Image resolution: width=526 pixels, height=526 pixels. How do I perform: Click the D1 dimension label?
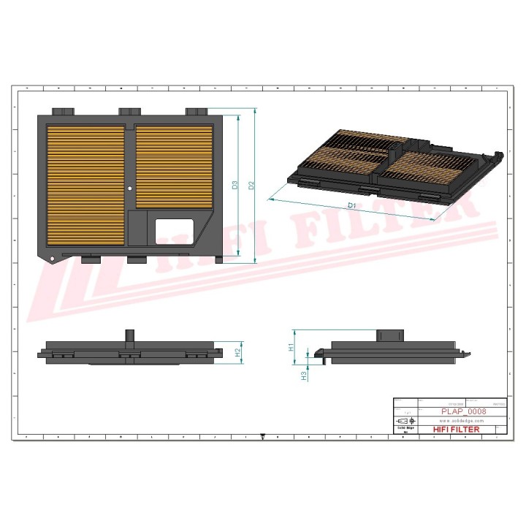[x=351, y=206]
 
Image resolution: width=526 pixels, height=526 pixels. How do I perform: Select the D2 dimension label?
[x=251, y=186]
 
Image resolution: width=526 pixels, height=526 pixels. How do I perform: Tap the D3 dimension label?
[x=235, y=186]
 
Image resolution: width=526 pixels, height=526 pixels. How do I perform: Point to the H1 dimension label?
[x=291, y=347]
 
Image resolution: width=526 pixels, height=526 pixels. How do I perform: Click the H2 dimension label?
[x=238, y=352]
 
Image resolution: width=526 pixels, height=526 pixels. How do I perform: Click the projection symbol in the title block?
[x=404, y=422]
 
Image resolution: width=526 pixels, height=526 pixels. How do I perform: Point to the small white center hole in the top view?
[x=131, y=188]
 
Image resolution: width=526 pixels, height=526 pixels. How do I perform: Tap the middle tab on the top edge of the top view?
[x=130, y=111]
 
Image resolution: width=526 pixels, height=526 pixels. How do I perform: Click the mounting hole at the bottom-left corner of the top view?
[x=53, y=259]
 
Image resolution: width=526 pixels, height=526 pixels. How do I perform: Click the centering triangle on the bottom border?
[x=262, y=438]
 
